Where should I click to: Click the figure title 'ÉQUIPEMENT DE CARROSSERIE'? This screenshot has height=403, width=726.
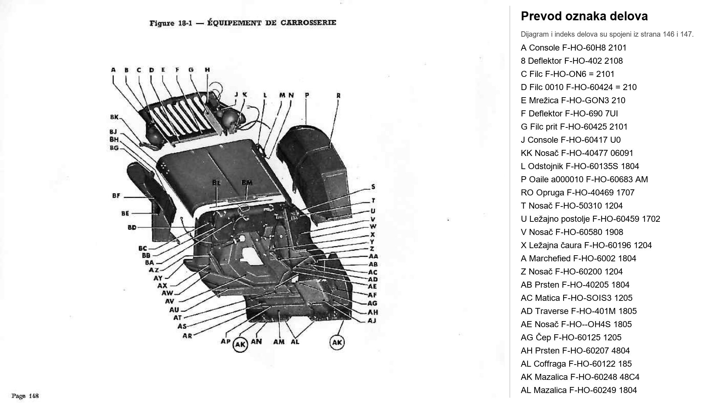pos(272,23)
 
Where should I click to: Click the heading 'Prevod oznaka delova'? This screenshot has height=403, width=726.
pos(584,16)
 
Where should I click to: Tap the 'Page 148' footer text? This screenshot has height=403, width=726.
pos(25,396)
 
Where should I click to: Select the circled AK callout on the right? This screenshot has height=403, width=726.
pos(337,342)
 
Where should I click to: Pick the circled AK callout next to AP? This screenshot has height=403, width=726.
pos(240,344)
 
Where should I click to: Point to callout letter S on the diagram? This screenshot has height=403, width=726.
pos(373,187)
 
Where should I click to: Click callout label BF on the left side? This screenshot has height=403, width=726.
pos(116,195)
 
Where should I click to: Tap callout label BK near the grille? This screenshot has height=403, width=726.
pos(114,117)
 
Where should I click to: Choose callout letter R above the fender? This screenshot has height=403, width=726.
pos(338,95)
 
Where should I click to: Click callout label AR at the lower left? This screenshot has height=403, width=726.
pos(187,336)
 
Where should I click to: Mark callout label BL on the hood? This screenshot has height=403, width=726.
pos(217,183)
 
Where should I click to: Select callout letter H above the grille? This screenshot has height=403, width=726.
pos(207,70)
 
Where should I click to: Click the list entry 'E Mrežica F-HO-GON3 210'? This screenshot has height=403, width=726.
pos(573,100)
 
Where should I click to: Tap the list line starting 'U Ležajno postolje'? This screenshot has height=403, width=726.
pos(590,219)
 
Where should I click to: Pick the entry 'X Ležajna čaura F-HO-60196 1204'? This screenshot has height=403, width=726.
pos(586,245)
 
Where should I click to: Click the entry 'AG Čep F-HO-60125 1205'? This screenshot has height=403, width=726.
pos(571,337)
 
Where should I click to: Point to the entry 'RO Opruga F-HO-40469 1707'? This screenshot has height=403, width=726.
pos(577,193)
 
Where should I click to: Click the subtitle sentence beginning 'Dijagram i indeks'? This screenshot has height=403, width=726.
pos(607,34)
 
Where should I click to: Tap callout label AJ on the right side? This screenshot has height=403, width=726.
pos(372,320)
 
